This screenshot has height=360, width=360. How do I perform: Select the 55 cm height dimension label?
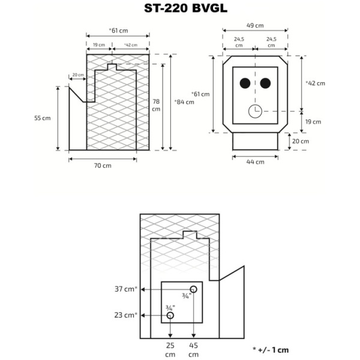42,118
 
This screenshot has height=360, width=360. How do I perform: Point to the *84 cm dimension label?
184,102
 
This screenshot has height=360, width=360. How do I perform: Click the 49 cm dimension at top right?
255,26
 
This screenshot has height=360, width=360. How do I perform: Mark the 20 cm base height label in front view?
300,142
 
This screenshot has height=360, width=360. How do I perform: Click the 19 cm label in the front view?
312,121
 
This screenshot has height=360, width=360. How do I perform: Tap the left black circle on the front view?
245,83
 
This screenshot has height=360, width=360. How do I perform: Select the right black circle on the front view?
265,83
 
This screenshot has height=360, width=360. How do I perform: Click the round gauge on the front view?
255,111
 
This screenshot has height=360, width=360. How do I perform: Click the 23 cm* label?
125,315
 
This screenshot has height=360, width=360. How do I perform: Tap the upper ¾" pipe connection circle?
193,290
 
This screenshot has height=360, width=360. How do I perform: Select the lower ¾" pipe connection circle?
170,315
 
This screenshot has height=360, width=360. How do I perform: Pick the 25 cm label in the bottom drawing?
170,350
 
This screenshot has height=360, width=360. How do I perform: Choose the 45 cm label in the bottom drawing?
193,350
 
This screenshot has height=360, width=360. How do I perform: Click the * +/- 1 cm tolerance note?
271,349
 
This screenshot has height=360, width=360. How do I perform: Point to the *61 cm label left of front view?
200,94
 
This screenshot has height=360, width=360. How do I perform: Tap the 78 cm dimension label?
156,106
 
